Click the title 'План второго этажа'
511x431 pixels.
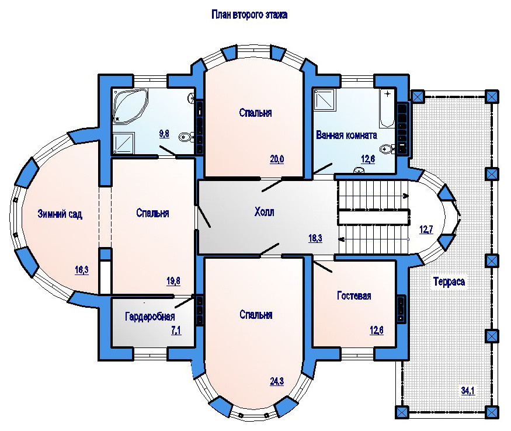click(249, 15)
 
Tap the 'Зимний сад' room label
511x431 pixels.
click(60, 214)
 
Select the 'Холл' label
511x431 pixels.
click(265, 212)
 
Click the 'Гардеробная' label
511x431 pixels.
click(150, 316)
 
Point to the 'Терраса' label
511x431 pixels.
click(449, 281)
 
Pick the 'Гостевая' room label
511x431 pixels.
click(354, 296)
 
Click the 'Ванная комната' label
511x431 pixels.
click(347, 135)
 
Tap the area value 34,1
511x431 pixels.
click(468, 390)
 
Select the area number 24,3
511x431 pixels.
click(277, 381)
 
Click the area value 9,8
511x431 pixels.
click(164, 134)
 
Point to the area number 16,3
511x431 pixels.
click(82, 270)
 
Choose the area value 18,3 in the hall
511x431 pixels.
click(315, 238)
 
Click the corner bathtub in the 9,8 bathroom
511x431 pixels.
click(130, 106)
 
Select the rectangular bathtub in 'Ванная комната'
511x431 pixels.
click(387, 107)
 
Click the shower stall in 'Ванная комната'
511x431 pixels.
click(325, 99)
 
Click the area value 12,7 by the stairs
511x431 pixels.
click(426, 230)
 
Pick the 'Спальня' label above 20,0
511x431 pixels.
click(256, 113)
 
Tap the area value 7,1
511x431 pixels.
click(176, 331)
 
